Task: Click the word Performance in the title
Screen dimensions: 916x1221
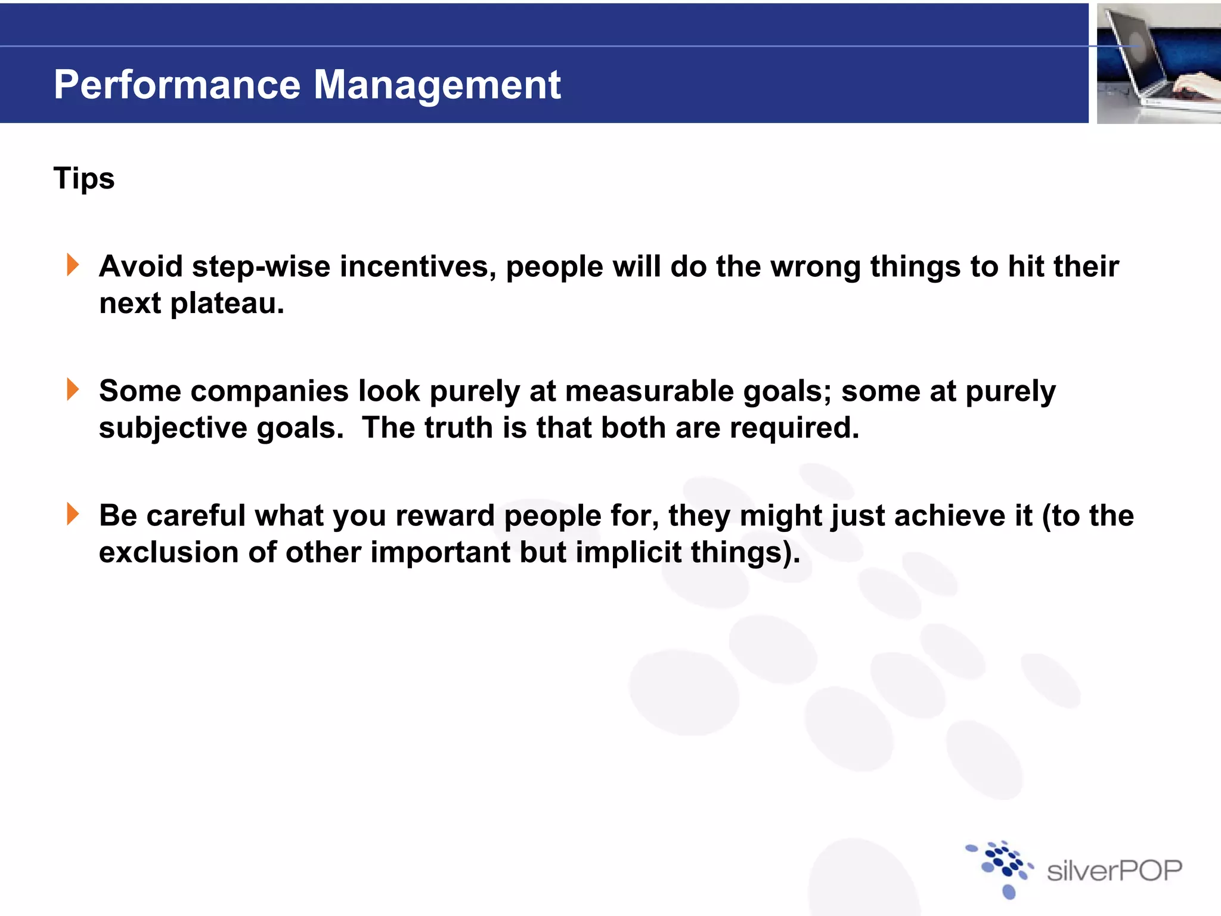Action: coord(176,85)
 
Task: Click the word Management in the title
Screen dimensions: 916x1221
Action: coord(436,85)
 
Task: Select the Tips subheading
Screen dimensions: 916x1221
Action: coord(84,178)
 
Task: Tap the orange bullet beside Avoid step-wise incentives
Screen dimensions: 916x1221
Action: coord(73,265)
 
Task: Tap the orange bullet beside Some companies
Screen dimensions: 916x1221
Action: coord(73,389)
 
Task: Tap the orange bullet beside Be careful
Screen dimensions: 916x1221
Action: coord(73,514)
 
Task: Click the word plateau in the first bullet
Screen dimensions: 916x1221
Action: coord(227,304)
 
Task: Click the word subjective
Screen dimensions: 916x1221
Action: coord(173,428)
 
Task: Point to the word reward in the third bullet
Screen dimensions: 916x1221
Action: coord(445,516)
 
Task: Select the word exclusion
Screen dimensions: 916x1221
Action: coord(168,552)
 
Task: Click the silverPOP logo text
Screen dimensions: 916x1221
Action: coord(1114,871)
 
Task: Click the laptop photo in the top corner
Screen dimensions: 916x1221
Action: coord(1158,63)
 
